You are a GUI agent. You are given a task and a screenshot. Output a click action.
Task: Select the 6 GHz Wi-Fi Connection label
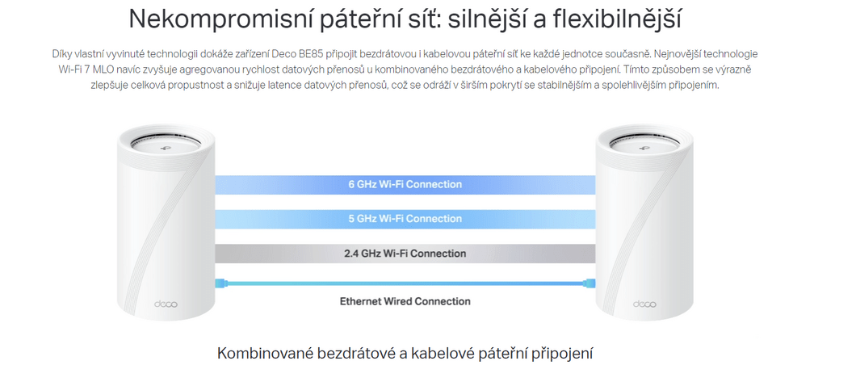[405, 185]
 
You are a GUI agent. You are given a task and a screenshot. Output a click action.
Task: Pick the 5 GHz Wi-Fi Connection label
[405, 219]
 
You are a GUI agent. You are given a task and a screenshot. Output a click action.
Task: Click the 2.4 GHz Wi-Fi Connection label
[405, 254]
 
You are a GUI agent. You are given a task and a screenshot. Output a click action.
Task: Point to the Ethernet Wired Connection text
[405, 301]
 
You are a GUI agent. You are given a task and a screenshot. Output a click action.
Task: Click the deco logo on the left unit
[166, 304]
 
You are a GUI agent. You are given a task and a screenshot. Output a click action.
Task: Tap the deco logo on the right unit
[644, 304]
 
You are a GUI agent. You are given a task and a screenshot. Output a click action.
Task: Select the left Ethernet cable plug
[220, 283]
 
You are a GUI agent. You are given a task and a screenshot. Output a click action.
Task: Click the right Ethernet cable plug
[590, 283]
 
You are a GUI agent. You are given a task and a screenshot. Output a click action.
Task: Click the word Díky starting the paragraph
[61, 54]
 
